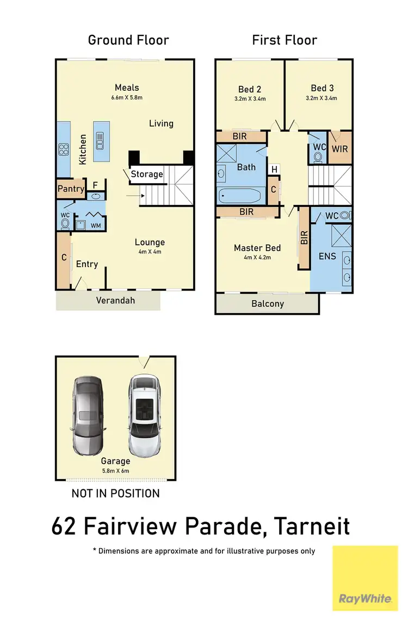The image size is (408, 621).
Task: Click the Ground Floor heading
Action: pos(128,40)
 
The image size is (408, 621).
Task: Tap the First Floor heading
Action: pos(284,40)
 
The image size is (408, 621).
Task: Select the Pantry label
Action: pos(71,189)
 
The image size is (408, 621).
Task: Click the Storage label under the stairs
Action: pos(147,174)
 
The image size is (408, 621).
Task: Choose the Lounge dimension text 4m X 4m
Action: pos(150,252)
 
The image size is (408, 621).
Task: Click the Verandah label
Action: pos(115,300)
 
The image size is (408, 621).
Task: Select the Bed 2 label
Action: pos(250,89)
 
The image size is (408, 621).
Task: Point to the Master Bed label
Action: pos(257,248)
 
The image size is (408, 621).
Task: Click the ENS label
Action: pos(327,256)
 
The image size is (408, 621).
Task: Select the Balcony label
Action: pos(268,303)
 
